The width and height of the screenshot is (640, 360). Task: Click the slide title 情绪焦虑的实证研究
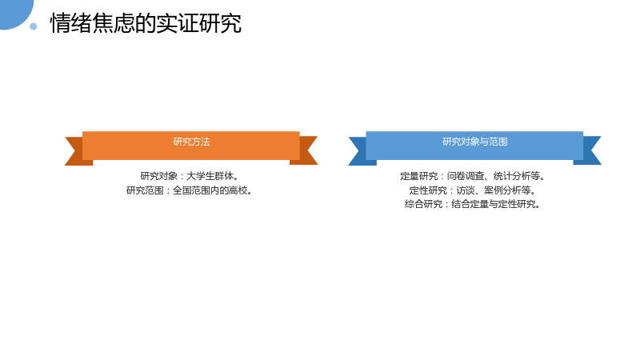click(146, 23)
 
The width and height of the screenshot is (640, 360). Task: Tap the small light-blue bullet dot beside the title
click(34, 26)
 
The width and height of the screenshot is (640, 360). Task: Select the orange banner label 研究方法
click(191, 142)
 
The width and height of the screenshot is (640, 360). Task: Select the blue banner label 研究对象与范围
click(474, 142)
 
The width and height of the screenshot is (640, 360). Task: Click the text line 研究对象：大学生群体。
click(190, 176)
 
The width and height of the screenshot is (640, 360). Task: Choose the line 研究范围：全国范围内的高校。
click(190, 190)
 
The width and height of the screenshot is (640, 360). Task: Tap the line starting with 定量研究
click(473, 176)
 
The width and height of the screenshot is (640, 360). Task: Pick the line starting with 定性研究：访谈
click(473, 190)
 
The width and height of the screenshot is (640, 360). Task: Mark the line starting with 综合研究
click(473, 204)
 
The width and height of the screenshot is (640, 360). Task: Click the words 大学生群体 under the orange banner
click(210, 176)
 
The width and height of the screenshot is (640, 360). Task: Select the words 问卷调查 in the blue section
click(466, 176)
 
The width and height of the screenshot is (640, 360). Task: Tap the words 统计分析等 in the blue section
click(516, 176)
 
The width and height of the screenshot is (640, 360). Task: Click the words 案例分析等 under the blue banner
click(507, 190)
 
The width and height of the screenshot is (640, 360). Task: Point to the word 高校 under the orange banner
click(238, 190)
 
